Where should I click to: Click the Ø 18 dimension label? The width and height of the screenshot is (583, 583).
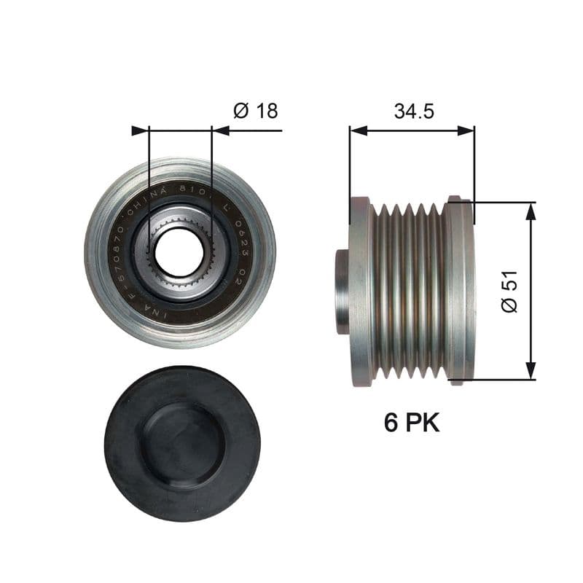coord(255,111)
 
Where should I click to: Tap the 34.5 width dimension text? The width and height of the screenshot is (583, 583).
coord(414,111)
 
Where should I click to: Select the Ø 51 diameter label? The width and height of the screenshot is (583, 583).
coord(509,291)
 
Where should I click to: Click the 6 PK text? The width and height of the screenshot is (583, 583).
coord(412,423)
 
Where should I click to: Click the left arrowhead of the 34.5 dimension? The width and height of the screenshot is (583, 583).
coord(357,130)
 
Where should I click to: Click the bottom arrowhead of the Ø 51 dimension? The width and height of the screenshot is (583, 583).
coord(531,372)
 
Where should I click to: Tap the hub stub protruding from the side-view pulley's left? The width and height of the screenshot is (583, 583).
coord(342,291)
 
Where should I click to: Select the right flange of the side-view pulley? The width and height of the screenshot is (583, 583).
coord(460,291)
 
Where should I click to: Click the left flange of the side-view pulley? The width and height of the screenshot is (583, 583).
coord(361,291)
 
